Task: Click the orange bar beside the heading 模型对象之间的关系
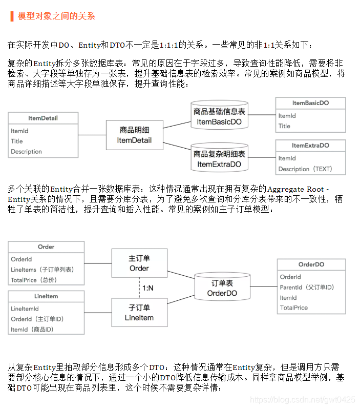(x=12, y=16)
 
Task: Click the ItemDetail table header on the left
(x=43, y=118)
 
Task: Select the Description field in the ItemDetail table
(x=27, y=152)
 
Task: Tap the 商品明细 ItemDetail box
(x=134, y=135)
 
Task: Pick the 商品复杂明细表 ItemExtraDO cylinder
(x=219, y=159)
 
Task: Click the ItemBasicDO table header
(x=310, y=103)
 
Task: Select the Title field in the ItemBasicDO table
(x=285, y=126)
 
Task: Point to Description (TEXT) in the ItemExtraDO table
(x=305, y=169)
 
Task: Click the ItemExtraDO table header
(x=310, y=146)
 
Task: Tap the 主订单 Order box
(x=139, y=263)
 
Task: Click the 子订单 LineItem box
(x=139, y=313)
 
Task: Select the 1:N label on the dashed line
(x=148, y=288)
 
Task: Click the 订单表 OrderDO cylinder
(x=222, y=288)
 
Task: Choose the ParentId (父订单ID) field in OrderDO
(x=307, y=288)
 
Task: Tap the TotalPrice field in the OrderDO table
(x=294, y=308)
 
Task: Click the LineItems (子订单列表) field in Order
(x=42, y=270)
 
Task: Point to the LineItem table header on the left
(x=46, y=296)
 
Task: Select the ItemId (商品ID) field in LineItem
(x=32, y=330)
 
